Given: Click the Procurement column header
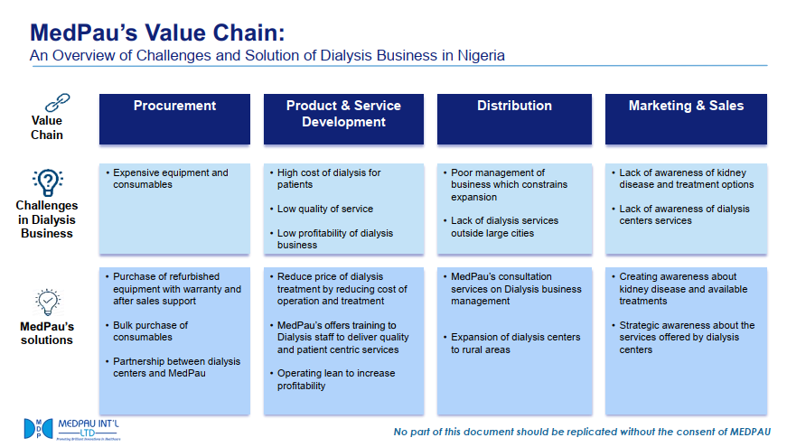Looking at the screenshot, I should click(174, 106).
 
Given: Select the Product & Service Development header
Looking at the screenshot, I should click(343, 114).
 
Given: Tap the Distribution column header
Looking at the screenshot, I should click(514, 106).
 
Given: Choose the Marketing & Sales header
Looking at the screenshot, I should click(686, 106).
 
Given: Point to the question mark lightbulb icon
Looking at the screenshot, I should click(47, 182).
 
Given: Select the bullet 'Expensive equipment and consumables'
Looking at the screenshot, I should click(170, 179).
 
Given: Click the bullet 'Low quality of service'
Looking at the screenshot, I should click(324, 209).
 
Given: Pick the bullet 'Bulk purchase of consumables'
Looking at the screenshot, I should click(150, 331).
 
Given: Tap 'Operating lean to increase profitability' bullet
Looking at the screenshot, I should click(335, 379).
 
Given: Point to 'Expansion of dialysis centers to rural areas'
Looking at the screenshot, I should click(515, 343).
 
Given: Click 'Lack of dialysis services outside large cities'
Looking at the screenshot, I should click(504, 227).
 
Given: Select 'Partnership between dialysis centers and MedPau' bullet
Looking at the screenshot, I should click(176, 368).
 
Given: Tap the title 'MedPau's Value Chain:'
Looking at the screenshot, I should click(157, 33).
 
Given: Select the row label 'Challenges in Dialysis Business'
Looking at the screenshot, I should click(47, 219).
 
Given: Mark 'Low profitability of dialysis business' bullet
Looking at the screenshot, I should click(334, 238).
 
